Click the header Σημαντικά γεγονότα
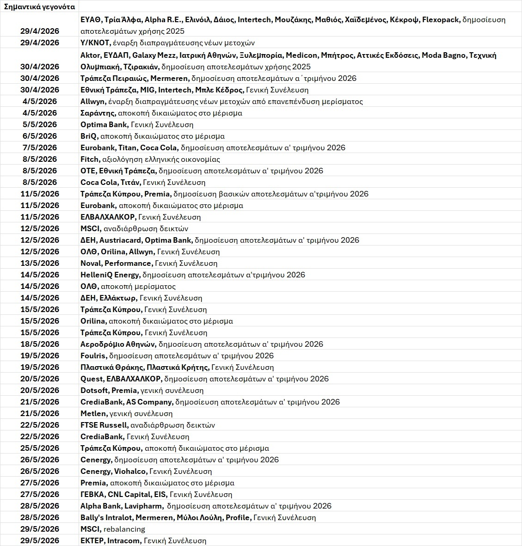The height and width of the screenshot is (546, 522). [39, 6]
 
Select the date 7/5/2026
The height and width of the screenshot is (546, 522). [40, 147]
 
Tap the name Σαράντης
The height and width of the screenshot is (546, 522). [98, 113]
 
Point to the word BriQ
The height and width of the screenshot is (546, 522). [89, 136]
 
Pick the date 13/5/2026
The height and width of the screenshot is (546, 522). [40, 263]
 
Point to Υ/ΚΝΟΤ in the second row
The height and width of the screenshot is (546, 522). [95, 43]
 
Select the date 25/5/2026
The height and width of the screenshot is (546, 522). [40, 448]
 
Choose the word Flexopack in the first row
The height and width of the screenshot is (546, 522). [441, 19]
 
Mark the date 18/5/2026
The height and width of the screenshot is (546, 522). [40, 344]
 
